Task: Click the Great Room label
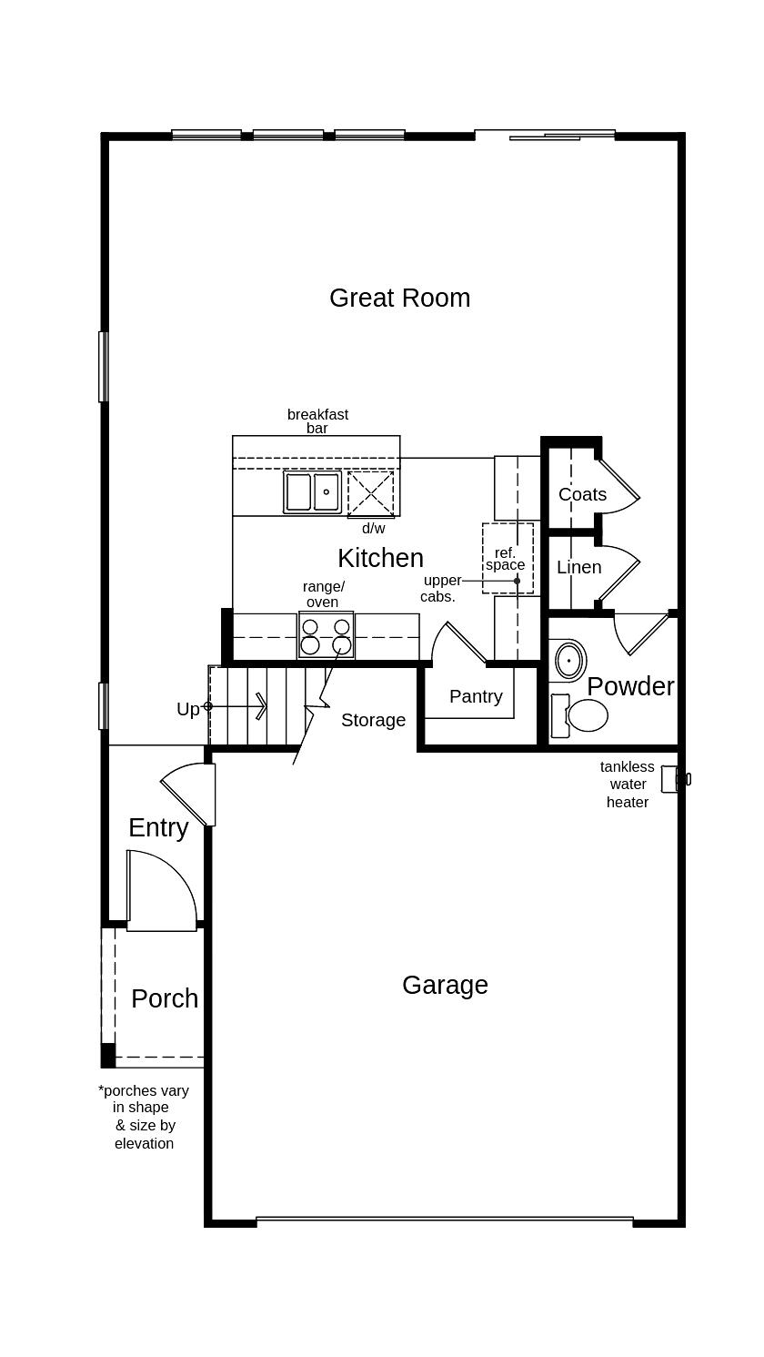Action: click(x=399, y=299)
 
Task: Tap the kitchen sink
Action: click(x=312, y=492)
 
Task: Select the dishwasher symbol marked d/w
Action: click(x=371, y=494)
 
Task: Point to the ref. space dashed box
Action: click(x=507, y=558)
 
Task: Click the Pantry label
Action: click(x=476, y=696)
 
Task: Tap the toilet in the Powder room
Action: click(x=580, y=715)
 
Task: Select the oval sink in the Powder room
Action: click(x=569, y=660)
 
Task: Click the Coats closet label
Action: click(x=582, y=494)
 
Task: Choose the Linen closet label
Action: click(x=579, y=567)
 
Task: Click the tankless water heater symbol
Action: click(x=672, y=779)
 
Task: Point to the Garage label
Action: click(x=445, y=985)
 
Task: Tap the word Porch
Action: click(x=165, y=998)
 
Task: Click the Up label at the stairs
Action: click(x=187, y=709)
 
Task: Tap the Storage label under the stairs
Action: click(x=373, y=720)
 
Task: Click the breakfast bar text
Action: click(x=317, y=420)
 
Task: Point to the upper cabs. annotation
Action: click(x=440, y=589)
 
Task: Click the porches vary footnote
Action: click(x=144, y=1117)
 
